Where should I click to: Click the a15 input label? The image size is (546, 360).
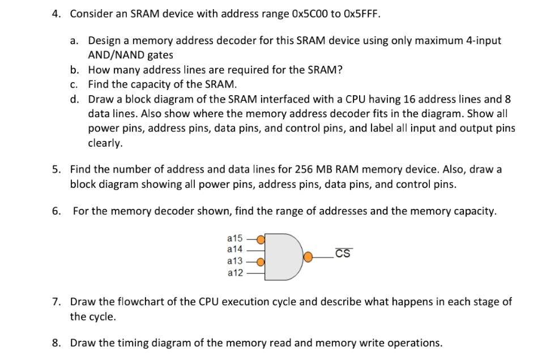tap(234, 238)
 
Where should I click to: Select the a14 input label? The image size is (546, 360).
tap(234, 249)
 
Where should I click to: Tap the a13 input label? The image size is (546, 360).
tap(234, 261)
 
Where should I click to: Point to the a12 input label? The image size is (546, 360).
tap(234, 273)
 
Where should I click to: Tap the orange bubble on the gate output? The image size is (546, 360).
tap(309, 256)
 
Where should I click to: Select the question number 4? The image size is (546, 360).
tap(56, 12)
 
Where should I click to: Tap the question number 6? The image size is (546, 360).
tap(56, 211)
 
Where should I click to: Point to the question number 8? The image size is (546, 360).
tap(56, 342)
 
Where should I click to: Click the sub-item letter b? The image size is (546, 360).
tap(75, 70)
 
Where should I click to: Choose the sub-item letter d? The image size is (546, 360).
tap(75, 99)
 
